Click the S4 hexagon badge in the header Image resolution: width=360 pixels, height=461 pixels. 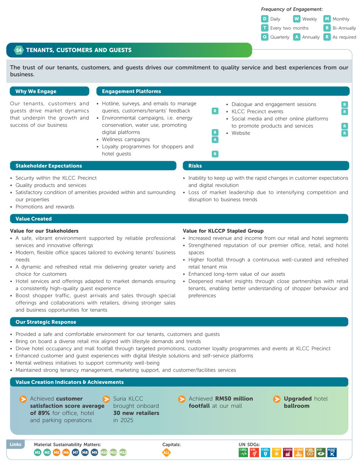[x=19, y=50]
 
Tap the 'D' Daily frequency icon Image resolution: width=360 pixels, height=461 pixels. [x=265, y=19]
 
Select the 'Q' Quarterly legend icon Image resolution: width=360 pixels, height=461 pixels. [x=265, y=37]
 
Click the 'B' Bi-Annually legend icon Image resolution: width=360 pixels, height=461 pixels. [x=327, y=28]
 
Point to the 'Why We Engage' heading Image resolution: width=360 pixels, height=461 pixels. [x=36, y=91]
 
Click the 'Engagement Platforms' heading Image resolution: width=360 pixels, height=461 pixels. [x=131, y=91]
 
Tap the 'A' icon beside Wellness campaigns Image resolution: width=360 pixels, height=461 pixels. [x=215, y=140]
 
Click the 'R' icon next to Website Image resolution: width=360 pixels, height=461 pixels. [x=344, y=133]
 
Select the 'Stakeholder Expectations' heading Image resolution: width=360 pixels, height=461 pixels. [x=49, y=166]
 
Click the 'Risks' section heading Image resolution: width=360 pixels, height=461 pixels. [x=195, y=166]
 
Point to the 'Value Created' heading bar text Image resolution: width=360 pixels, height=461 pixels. [x=33, y=219]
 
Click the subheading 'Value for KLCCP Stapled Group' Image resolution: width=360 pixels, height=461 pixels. [x=223, y=231]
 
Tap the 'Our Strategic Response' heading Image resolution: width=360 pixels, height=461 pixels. [x=45, y=322]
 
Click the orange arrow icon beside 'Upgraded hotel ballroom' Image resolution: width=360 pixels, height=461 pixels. [x=277, y=399]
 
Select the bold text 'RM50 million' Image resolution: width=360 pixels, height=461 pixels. [x=234, y=398]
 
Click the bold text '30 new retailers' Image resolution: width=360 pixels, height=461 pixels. [x=136, y=413]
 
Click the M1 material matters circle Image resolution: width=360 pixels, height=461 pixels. [x=38, y=452]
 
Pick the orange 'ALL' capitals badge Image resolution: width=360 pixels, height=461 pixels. [x=166, y=452]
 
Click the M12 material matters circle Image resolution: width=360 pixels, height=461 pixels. [x=123, y=452]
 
